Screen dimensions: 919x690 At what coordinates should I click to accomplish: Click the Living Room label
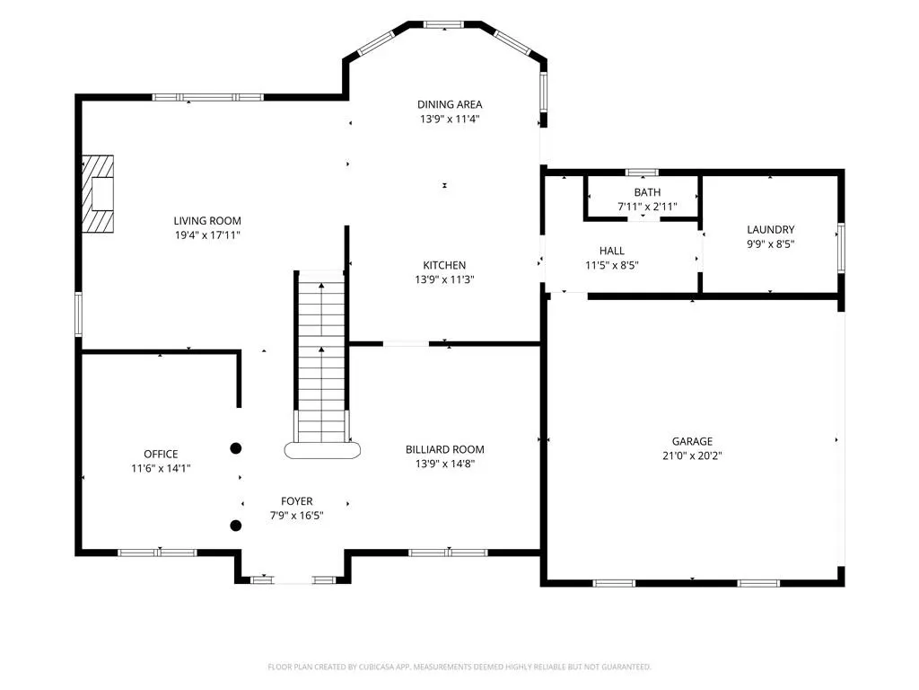207,221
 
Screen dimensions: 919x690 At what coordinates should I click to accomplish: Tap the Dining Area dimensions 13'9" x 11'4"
450,119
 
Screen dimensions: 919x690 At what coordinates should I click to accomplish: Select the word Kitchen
444,265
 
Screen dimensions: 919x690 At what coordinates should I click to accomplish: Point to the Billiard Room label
445,449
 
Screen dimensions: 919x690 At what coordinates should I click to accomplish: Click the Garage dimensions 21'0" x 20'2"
692,456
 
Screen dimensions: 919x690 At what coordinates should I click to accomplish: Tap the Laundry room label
771,229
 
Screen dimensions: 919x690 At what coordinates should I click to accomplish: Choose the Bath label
647,192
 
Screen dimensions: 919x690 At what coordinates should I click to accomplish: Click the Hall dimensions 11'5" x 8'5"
612,265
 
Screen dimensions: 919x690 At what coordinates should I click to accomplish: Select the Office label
161,454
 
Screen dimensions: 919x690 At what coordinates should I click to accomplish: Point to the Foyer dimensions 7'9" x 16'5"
296,516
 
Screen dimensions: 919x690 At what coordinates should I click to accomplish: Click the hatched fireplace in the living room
97,194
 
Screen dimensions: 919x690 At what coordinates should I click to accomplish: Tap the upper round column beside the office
236,448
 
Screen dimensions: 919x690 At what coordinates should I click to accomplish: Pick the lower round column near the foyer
236,526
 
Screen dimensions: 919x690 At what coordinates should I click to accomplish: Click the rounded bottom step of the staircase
322,451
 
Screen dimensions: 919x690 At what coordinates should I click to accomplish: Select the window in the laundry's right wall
841,248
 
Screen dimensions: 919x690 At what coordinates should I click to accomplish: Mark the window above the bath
642,172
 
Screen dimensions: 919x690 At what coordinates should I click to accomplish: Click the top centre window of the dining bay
443,24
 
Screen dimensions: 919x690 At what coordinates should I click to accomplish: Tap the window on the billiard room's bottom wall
449,553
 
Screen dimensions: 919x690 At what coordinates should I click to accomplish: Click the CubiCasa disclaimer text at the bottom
459,668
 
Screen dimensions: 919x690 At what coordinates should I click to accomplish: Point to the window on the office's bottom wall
157,553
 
